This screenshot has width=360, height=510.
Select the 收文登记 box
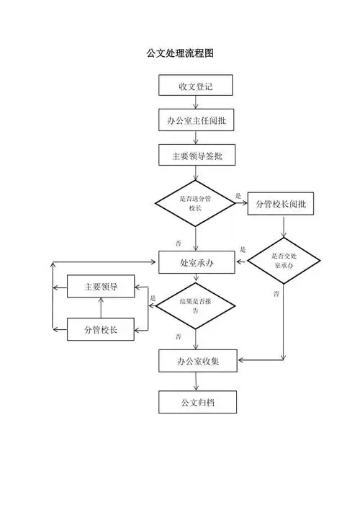[196, 86]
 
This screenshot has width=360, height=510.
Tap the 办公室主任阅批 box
[196, 120]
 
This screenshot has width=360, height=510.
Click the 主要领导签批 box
[196, 155]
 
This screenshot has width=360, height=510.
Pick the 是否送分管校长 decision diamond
[195, 203]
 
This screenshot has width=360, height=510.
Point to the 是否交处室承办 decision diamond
[284, 261]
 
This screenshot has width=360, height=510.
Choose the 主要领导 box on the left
[101, 287]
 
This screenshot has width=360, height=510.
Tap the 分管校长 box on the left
[101, 329]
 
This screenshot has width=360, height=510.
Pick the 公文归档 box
[196, 401]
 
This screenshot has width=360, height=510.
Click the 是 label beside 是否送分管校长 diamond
[238, 195]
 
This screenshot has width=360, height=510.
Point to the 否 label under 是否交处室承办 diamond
[276, 295]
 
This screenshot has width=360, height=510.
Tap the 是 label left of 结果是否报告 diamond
[153, 297]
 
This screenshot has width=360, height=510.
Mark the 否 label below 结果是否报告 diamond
[178, 336]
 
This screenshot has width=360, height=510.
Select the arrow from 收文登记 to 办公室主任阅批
[196, 103]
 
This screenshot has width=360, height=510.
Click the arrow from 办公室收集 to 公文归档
[196, 381]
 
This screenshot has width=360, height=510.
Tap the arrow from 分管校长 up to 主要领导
[101, 308]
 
